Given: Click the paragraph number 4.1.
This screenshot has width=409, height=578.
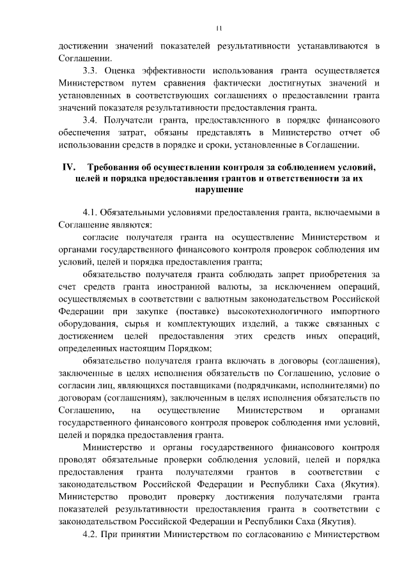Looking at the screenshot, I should [93, 213].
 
